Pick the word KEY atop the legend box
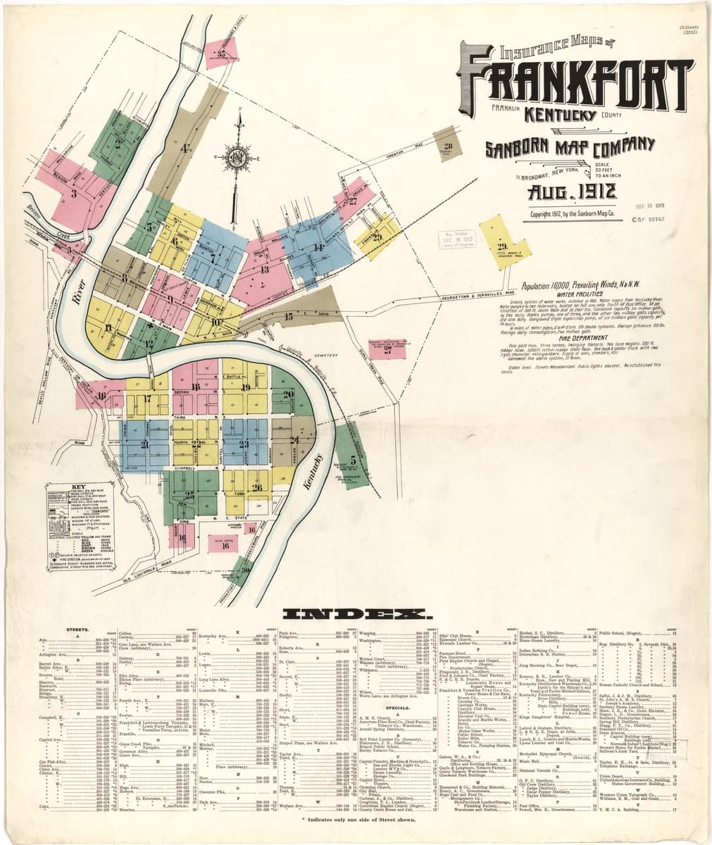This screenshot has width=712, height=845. [77, 487]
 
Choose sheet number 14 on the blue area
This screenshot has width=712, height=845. [318, 247]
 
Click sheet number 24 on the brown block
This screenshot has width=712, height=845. [294, 439]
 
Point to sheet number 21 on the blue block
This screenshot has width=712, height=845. [144, 444]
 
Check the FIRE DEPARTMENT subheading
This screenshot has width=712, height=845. [576, 337]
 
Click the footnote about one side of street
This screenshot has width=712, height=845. [356, 820]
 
